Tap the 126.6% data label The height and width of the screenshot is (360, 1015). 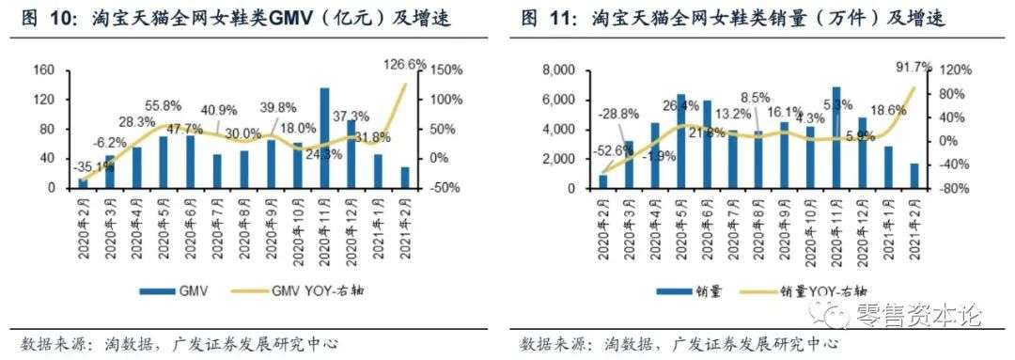point(406,65)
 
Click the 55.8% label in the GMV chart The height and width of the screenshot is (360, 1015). point(162,106)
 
